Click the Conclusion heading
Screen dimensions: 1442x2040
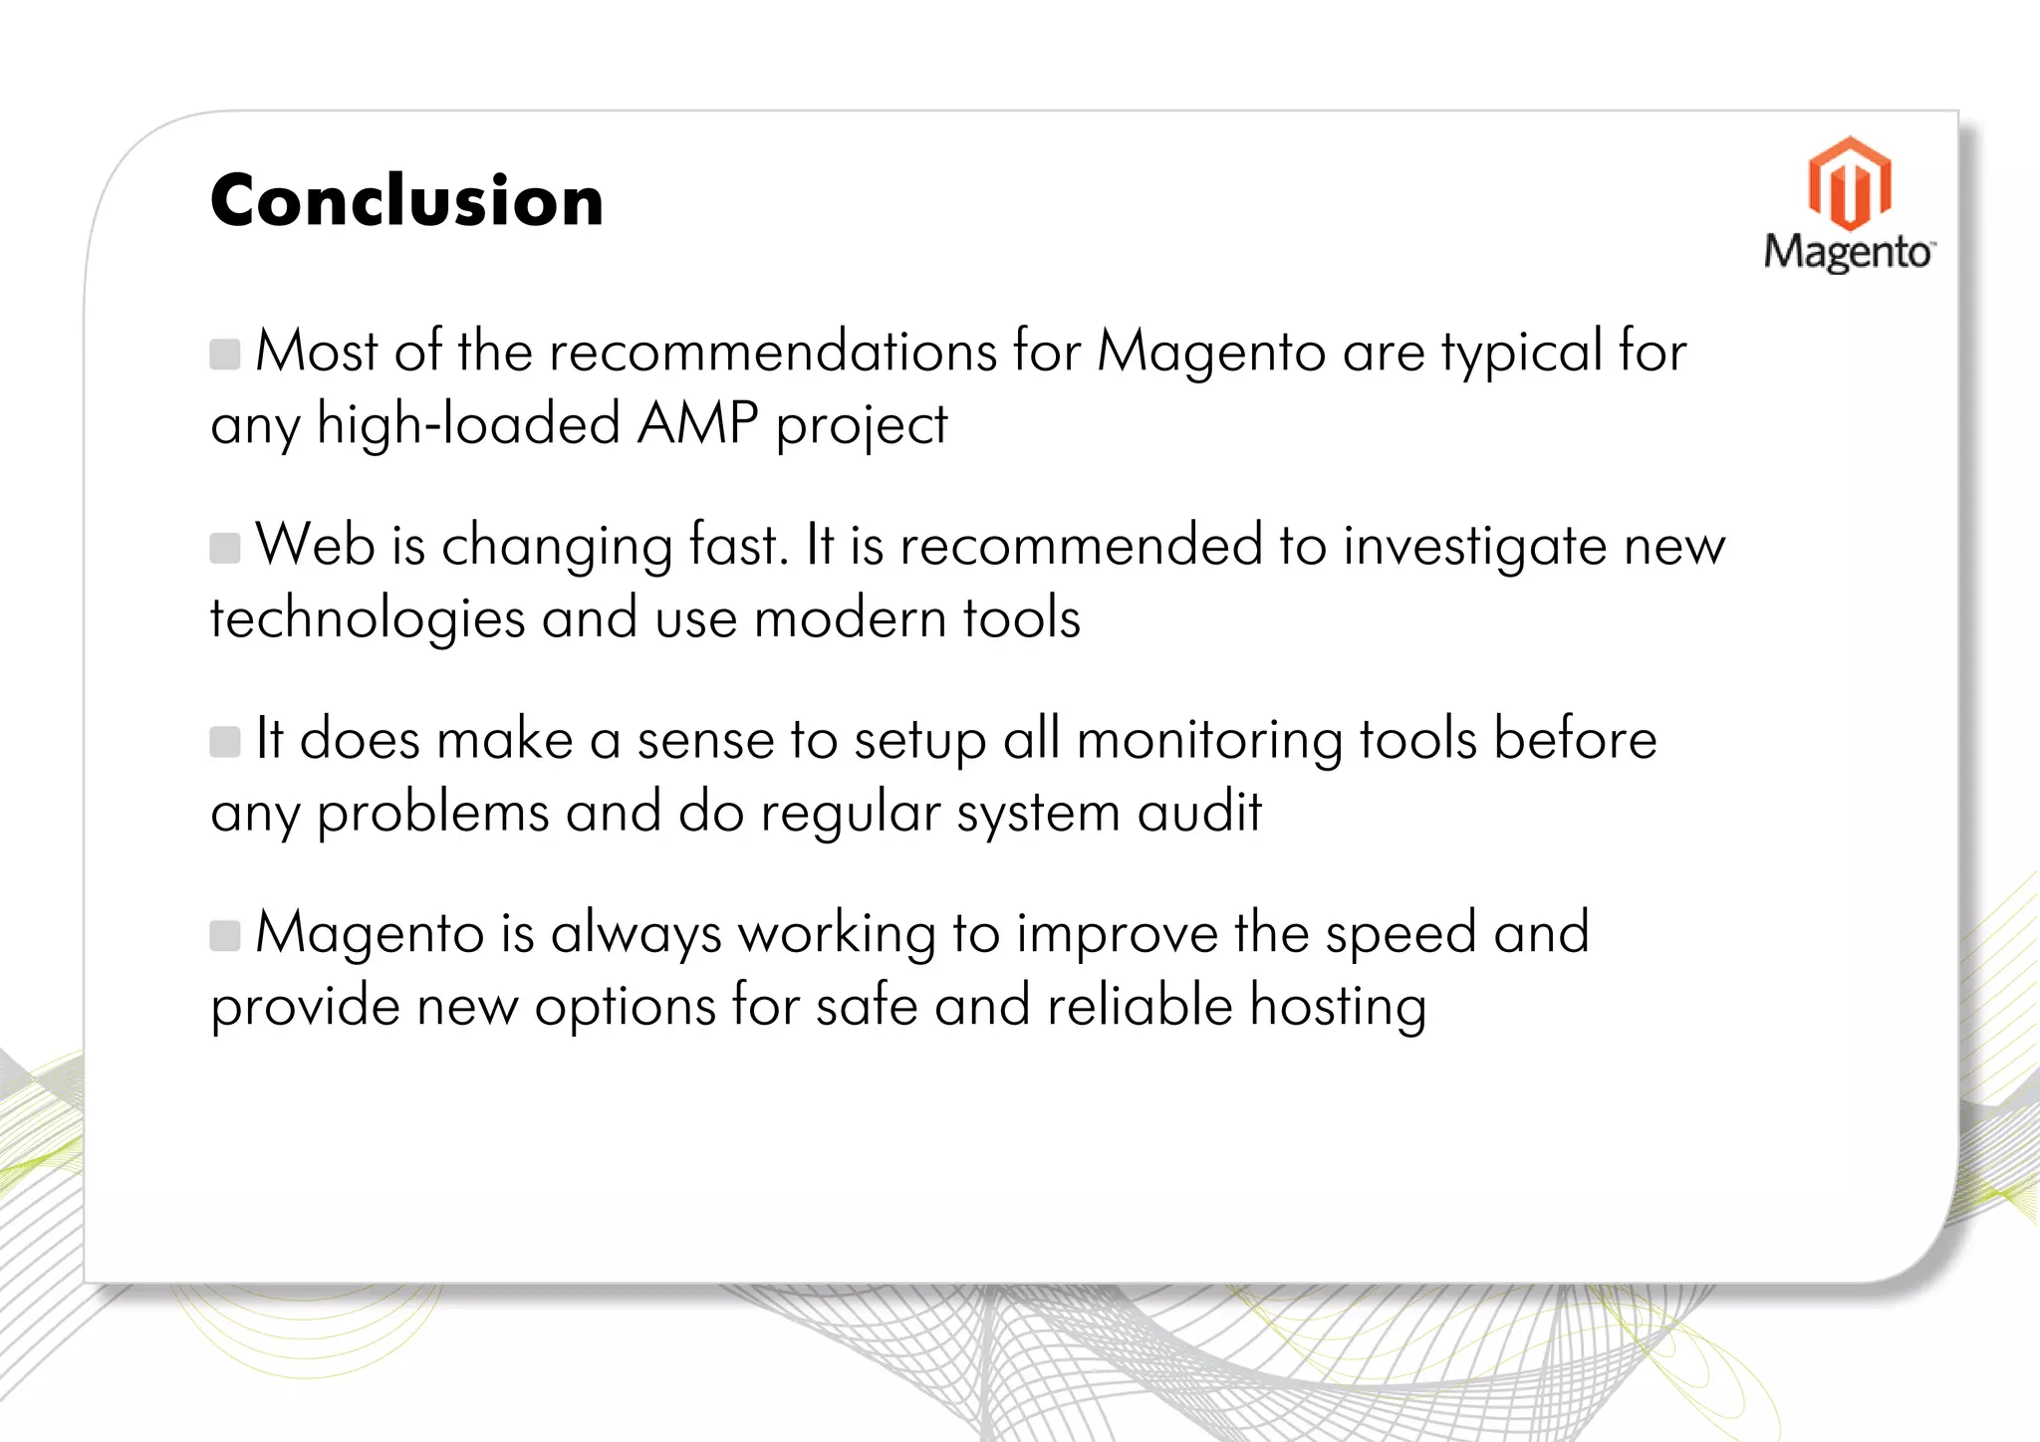pyautogui.click(x=406, y=201)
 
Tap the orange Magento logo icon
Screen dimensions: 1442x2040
pyautogui.click(x=1849, y=183)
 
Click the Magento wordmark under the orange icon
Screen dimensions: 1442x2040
pyautogui.click(x=1848, y=252)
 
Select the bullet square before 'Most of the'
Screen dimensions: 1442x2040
pyautogui.click(x=225, y=354)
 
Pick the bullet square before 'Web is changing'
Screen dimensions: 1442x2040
pyautogui.click(x=225, y=548)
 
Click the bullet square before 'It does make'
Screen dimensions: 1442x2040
pyautogui.click(x=225, y=742)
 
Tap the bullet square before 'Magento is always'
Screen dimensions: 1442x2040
pyautogui.click(x=225, y=935)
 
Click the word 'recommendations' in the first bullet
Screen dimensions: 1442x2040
pyautogui.click(x=773, y=352)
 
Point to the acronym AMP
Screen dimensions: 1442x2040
pyautogui.click(x=697, y=424)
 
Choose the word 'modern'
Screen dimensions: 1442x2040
pyautogui.click(x=836, y=618)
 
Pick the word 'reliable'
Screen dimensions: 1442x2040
pyautogui.click(x=1141, y=1005)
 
